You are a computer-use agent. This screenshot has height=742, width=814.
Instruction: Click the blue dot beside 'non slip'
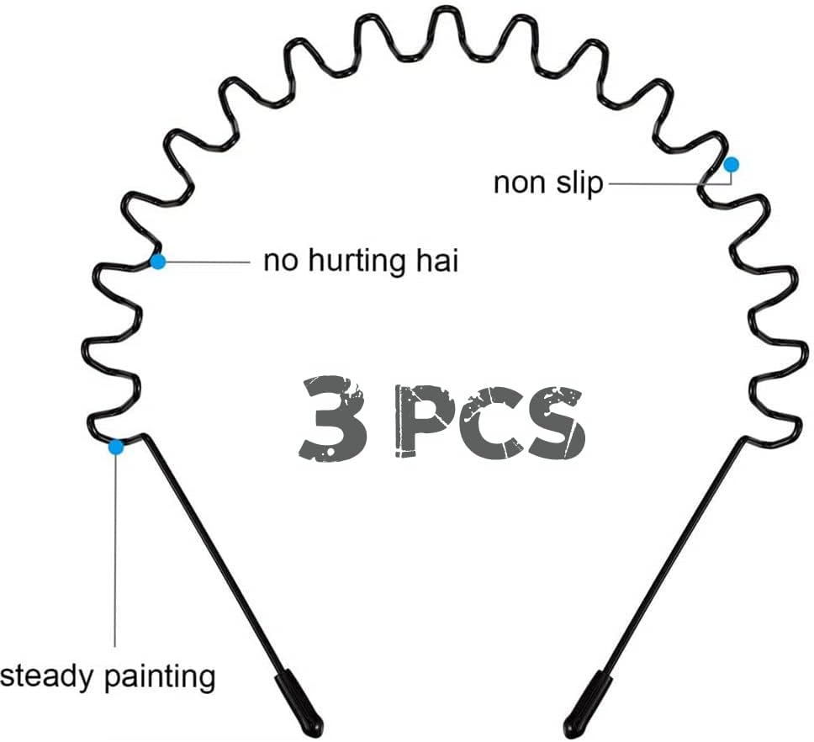(732, 165)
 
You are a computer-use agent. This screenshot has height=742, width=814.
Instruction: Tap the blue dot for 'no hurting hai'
(158, 261)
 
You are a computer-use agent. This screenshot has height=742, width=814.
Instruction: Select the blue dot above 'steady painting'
(116, 447)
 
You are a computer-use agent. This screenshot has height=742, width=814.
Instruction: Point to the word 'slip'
(579, 183)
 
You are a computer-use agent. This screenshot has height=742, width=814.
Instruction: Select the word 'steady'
(48, 677)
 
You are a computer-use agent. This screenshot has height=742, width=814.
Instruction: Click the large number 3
(333, 417)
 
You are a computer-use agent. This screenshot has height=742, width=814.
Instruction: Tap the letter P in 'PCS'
(424, 421)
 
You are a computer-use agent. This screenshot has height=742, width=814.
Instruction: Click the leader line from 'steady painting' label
(115, 550)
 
